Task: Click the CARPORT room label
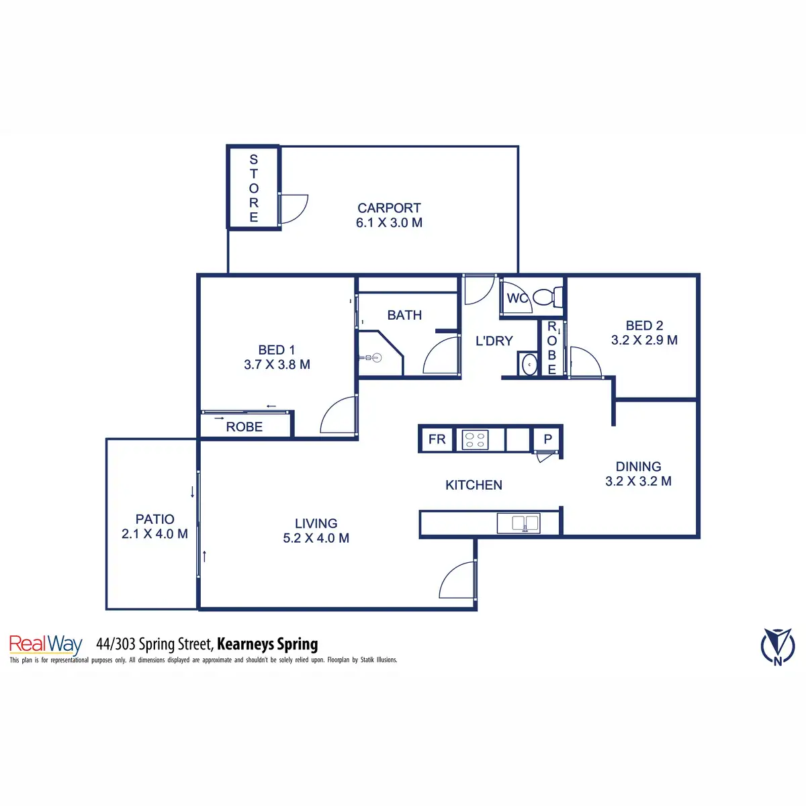point(389,208)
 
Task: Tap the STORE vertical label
point(253,188)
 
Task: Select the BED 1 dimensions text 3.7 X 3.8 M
point(277,365)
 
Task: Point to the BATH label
point(404,315)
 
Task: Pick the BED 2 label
point(644,326)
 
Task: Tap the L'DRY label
point(494,341)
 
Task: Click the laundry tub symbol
point(529,364)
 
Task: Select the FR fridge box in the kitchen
point(437,439)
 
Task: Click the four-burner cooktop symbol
point(476,440)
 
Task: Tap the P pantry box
point(548,439)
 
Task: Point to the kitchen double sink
point(519,523)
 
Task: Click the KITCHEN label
point(474,485)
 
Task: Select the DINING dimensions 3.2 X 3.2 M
point(638,482)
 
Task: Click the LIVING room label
point(316,523)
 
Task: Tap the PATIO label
point(154,519)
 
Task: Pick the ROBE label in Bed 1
point(244,427)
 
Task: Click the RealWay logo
point(46,645)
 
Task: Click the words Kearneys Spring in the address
point(267,644)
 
